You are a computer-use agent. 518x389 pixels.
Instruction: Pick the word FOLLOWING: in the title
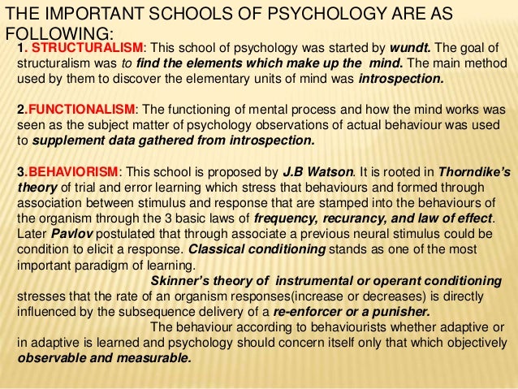tap(56, 34)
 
